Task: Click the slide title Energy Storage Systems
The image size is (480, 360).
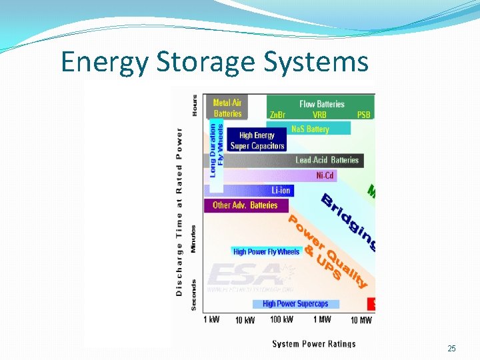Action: (x=214, y=62)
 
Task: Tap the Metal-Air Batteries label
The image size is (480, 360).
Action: (x=227, y=108)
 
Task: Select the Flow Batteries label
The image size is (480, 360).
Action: (x=322, y=104)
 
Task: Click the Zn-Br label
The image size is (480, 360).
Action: (x=277, y=115)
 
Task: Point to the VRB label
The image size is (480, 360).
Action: (x=319, y=115)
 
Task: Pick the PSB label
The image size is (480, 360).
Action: (x=363, y=115)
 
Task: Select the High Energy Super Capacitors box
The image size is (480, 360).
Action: (x=257, y=141)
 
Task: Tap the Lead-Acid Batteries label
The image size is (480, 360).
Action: (x=327, y=160)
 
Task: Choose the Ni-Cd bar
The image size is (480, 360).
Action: (x=325, y=176)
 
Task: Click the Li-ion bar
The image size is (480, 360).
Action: (x=281, y=191)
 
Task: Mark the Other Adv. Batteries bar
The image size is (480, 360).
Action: (x=245, y=205)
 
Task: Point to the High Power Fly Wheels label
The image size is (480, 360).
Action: (x=267, y=252)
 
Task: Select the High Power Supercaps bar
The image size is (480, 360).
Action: (x=295, y=304)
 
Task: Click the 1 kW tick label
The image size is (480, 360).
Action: (x=211, y=320)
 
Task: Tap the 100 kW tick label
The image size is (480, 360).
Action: (x=281, y=320)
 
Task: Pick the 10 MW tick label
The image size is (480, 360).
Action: (x=361, y=321)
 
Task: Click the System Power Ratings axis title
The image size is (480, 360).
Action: (x=313, y=344)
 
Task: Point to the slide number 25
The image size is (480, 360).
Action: (x=451, y=349)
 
